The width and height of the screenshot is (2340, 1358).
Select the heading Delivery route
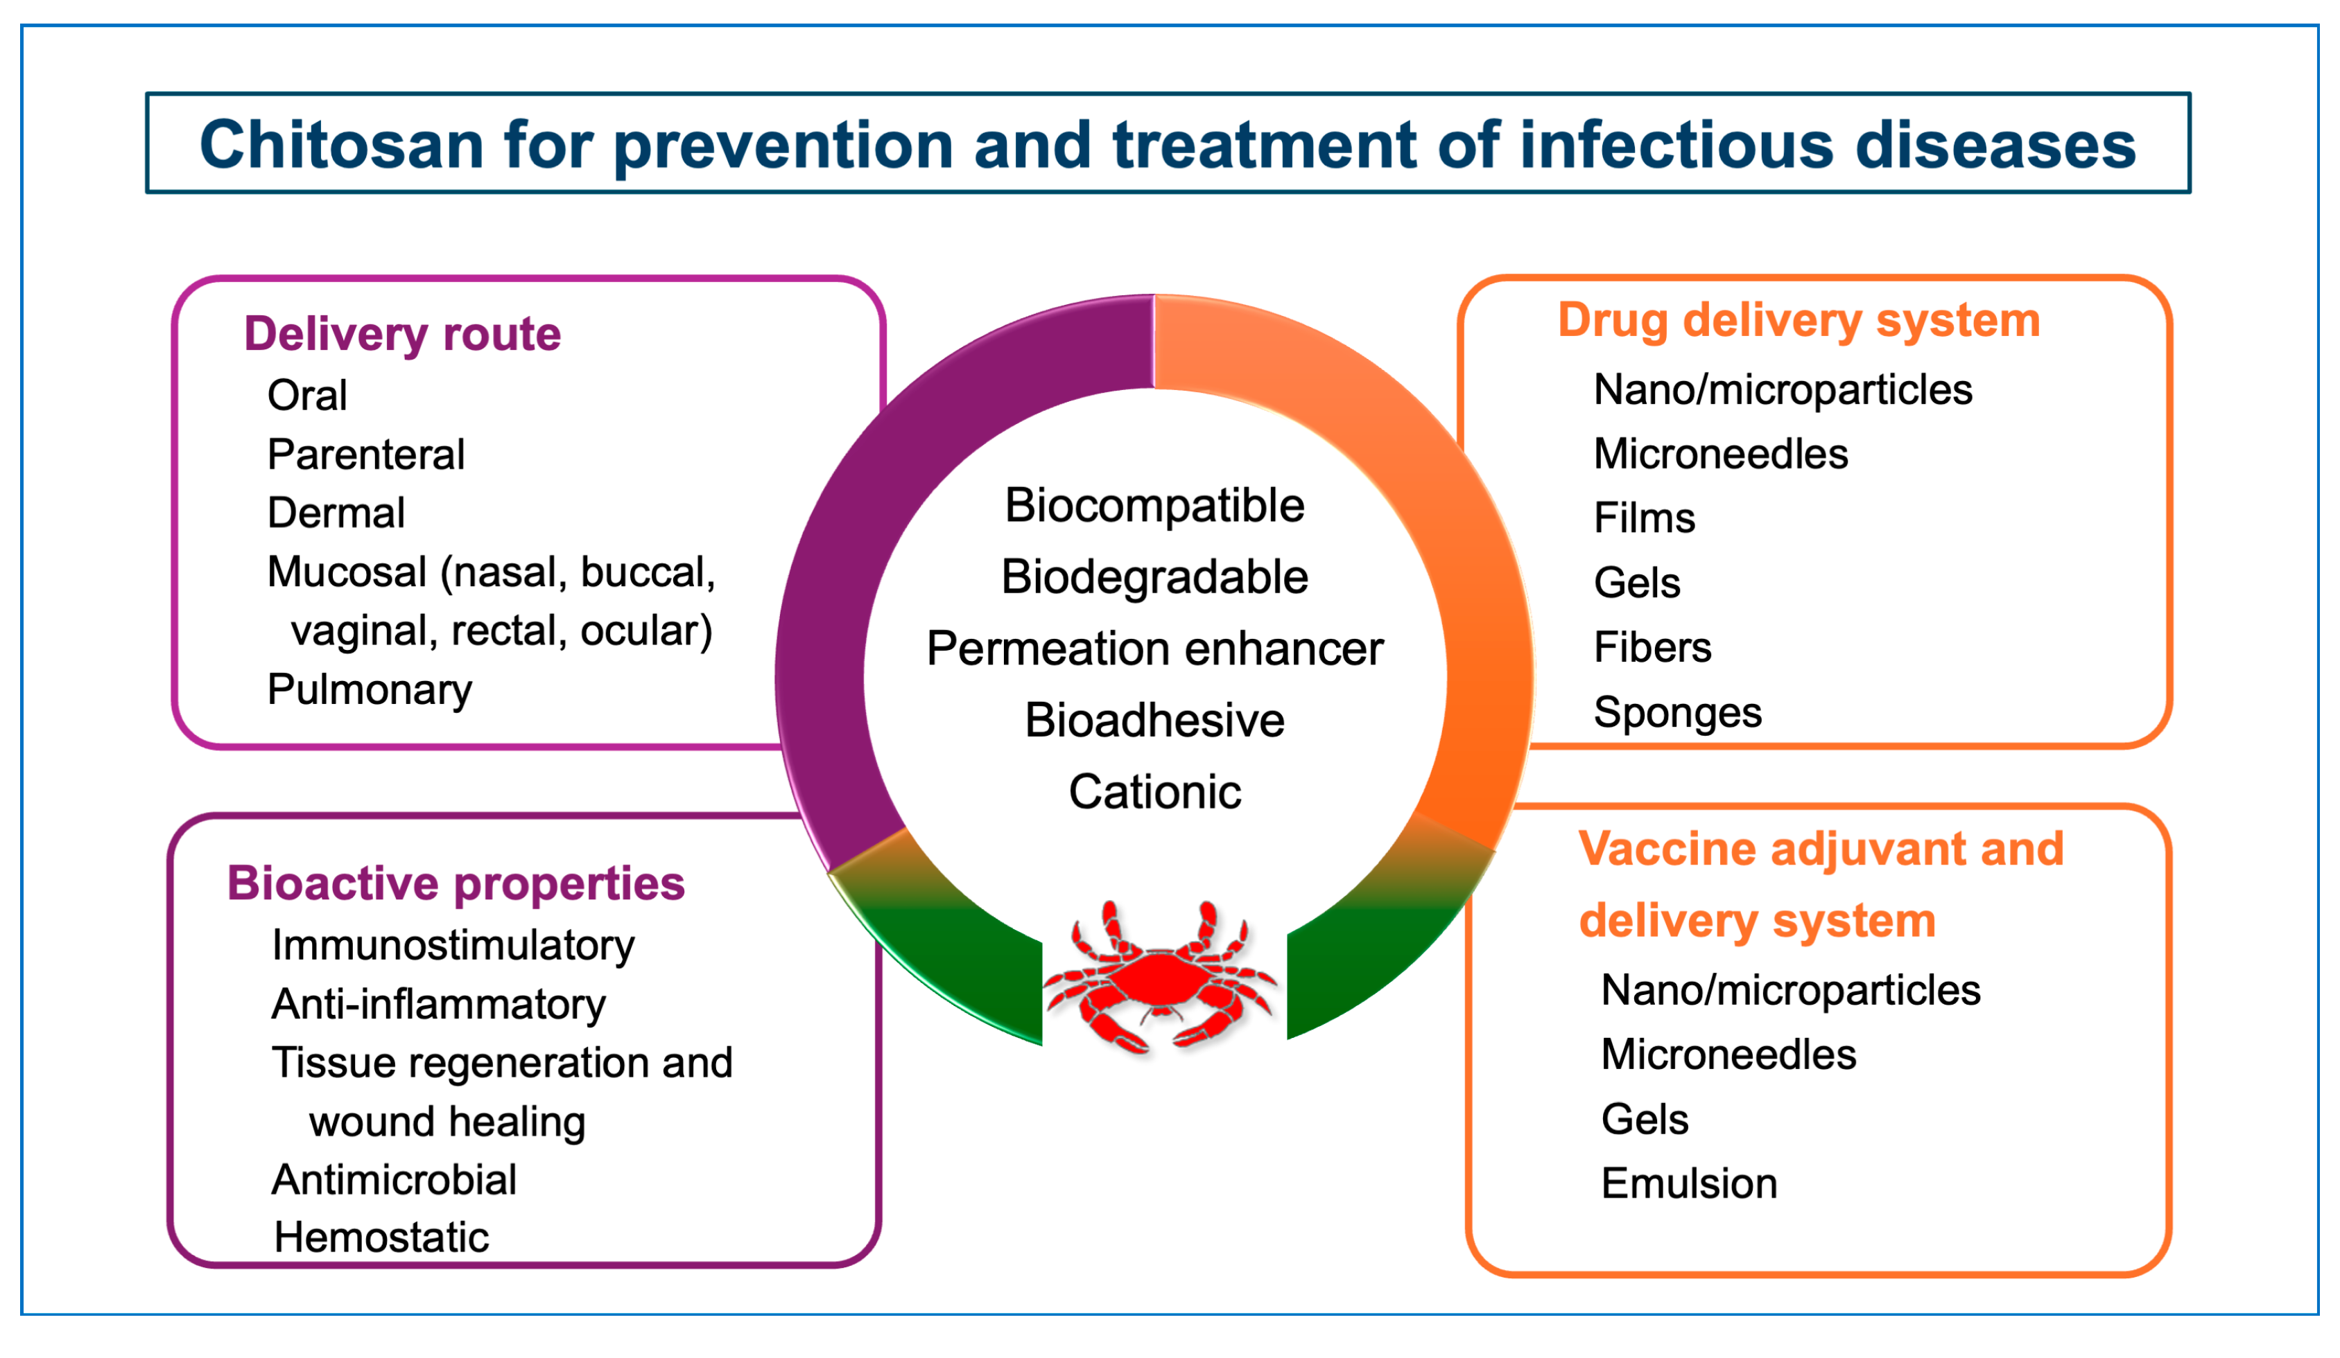click(402, 334)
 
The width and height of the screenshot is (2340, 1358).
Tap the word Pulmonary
click(370, 689)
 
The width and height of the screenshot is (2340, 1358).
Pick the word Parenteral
click(366, 455)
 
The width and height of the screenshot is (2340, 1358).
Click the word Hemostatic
click(381, 1237)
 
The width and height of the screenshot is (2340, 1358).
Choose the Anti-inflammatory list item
click(438, 1005)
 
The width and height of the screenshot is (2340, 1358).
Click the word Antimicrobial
click(394, 1180)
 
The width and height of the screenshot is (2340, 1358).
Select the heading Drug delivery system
click(1799, 321)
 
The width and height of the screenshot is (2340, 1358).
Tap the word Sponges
click(1677, 713)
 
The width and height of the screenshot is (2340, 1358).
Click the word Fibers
click(1652, 648)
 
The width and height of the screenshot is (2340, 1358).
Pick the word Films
click(1644, 518)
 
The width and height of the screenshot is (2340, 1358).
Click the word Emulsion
click(1688, 1183)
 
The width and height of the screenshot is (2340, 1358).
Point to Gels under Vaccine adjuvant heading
click(1644, 1120)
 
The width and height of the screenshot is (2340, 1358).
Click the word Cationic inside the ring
click(1154, 792)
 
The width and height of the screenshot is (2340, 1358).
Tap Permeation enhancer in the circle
click(1154, 649)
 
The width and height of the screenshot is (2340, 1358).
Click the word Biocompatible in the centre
click(1154, 506)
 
